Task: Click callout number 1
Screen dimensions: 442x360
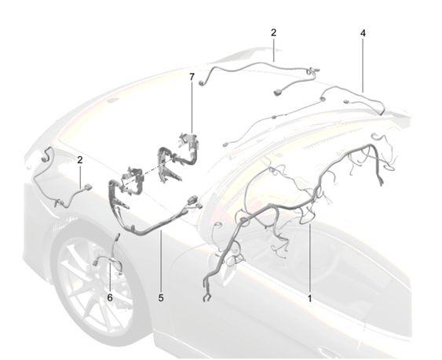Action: point(309,298)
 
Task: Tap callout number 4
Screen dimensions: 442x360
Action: point(363,33)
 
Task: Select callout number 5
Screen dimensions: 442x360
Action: point(161,297)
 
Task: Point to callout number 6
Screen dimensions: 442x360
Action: point(110,297)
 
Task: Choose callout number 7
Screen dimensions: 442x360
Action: point(192,77)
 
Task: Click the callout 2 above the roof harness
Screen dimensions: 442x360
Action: point(273,33)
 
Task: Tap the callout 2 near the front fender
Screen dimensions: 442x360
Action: point(80,160)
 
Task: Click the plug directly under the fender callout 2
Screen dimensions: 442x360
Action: point(87,187)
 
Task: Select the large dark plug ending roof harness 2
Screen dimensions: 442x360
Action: point(277,92)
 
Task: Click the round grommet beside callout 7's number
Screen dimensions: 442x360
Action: point(202,83)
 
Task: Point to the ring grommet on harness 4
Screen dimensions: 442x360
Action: point(322,100)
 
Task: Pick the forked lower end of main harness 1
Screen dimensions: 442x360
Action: point(207,297)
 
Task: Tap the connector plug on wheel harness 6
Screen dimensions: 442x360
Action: point(94,262)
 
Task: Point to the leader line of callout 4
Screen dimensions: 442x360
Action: point(363,66)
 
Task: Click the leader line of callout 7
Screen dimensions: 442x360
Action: point(192,107)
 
